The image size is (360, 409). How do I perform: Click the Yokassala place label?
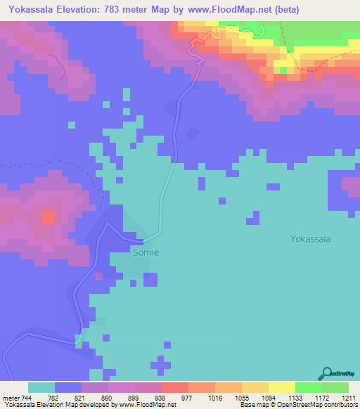coord(310,239)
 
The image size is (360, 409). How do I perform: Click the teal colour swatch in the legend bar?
coord(41,387)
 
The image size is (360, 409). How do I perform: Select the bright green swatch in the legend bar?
coord(309,387)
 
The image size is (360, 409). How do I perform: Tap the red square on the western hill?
coord(48,217)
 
